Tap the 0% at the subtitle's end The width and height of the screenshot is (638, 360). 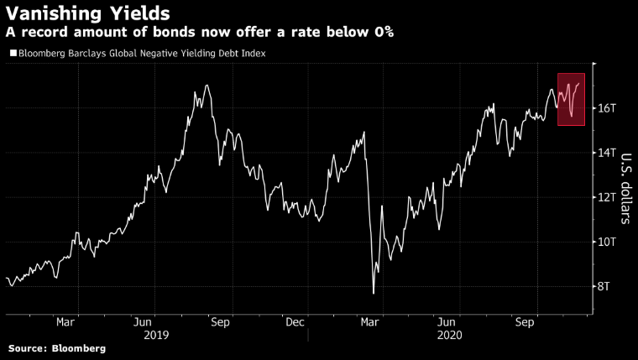(x=384, y=33)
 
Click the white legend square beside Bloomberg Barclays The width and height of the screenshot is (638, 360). (x=12, y=54)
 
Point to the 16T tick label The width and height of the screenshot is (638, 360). (x=608, y=108)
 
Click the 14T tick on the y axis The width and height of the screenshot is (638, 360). (x=608, y=153)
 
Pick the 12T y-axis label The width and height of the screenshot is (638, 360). (x=608, y=197)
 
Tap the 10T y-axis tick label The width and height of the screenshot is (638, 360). (x=608, y=242)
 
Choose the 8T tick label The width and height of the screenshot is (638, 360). (x=605, y=286)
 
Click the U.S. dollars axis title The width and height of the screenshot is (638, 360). (x=625, y=189)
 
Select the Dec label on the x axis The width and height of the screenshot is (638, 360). (x=294, y=321)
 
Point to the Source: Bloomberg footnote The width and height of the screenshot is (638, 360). (x=57, y=348)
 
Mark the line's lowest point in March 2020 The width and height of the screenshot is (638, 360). (x=373, y=293)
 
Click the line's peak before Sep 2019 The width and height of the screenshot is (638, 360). (x=207, y=86)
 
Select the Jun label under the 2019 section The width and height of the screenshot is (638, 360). (x=143, y=321)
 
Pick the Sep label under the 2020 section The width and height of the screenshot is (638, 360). (x=525, y=321)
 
